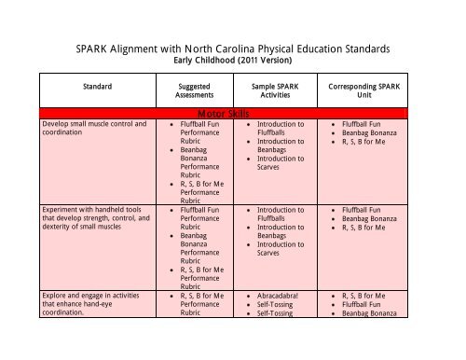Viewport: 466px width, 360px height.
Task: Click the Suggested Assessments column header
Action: [x=193, y=90]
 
